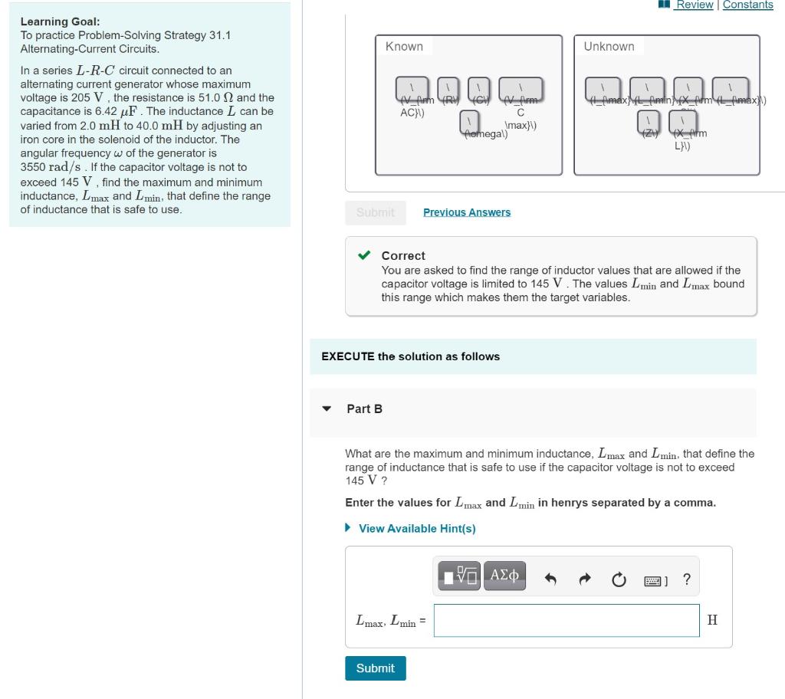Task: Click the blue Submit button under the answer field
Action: (x=375, y=668)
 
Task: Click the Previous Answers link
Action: (x=466, y=212)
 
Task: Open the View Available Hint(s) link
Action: (x=416, y=528)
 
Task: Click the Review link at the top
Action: (x=694, y=5)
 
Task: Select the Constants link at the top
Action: (x=747, y=5)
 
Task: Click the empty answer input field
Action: (x=566, y=620)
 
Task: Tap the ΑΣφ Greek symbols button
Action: (x=504, y=575)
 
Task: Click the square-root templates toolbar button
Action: (x=458, y=575)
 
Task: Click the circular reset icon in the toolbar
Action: (x=619, y=579)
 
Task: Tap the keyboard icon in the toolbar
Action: (x=654, y=580)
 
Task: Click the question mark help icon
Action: (x=686, y=579)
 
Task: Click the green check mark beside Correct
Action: (x=366, y=255)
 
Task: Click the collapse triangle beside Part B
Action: (x=327, y=409)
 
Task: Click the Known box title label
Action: (x=404, y=47)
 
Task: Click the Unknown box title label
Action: (x=609, y=47)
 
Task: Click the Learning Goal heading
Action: (x=60, y=21)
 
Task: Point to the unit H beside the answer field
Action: (x=712, y=620)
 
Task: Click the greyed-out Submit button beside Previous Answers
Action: (x=375, y=212)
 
